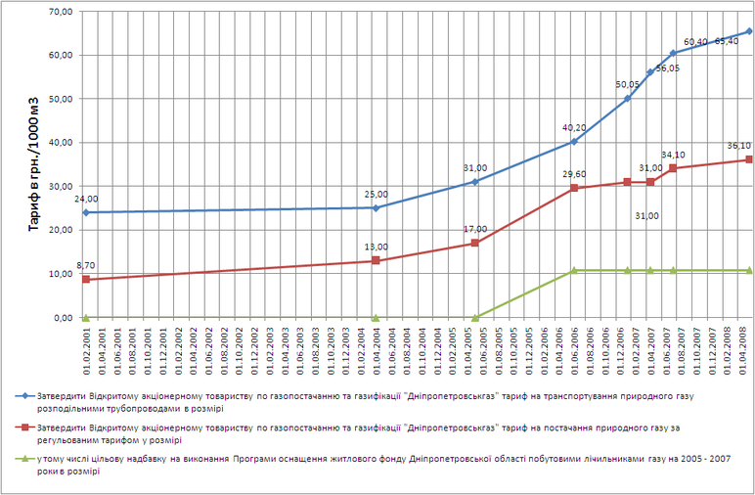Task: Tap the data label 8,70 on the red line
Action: [86, 266]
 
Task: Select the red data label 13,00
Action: [377, 247]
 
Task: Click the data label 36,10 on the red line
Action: [738, 146]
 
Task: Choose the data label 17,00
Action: [474, 230]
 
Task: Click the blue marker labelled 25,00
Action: [377, 207]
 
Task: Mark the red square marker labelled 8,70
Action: [86, 280]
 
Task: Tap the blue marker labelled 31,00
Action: [475, 181]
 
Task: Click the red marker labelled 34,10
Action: [673, 168]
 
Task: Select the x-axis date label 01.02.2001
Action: [86, 348]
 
